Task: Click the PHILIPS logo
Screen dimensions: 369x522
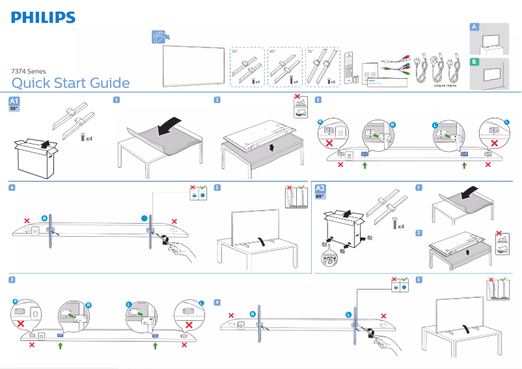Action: tap(43, 18)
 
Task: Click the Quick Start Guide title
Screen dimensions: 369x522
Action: tap(70, 83)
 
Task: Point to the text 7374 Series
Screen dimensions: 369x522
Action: tap(29, 71)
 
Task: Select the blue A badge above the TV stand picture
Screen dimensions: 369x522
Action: tap(474, 27)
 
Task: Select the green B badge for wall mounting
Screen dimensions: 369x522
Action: tap(474, 62)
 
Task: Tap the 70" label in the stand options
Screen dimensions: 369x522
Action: tap(310, 51)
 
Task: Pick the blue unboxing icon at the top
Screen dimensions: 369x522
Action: tap(156, 38)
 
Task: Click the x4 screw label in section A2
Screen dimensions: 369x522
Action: tap(400, 226)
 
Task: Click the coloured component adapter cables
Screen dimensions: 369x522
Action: tap(394, 64)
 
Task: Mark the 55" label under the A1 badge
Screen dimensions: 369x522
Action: tap(14, 109)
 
